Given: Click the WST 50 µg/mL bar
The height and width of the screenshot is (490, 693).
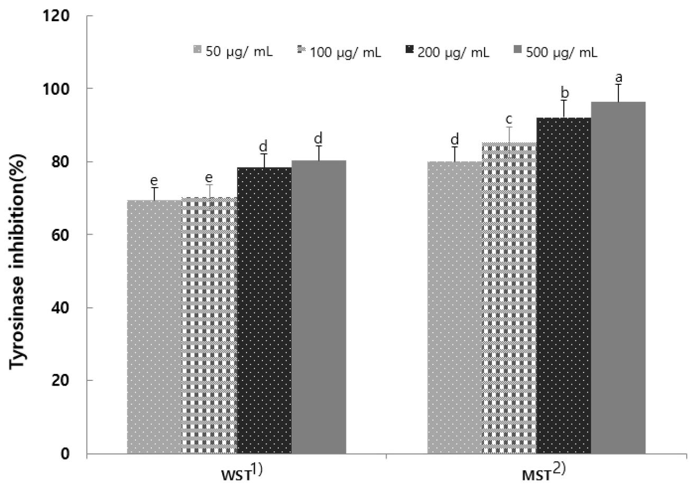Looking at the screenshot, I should coord(154,326).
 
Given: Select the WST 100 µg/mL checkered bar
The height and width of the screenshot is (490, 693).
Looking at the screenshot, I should coord(209,325).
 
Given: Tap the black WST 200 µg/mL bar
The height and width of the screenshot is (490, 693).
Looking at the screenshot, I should coord(264,310).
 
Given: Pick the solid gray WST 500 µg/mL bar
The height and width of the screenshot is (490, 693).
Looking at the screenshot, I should coord(318,307).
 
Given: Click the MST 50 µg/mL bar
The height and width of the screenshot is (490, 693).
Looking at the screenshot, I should coord(455,307).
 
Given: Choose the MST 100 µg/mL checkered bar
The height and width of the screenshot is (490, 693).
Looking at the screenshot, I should coord(509,298).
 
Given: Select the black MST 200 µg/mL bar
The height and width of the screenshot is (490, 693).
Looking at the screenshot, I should coord(564,286).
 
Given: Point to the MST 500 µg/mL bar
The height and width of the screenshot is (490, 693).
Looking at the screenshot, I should coord(618,278).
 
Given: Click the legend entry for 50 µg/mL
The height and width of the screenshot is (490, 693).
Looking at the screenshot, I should coord(233,52).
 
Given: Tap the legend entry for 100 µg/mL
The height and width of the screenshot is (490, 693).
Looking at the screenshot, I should coord(339,52).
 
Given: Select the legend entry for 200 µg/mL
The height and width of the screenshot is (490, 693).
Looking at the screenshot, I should coord(447,52).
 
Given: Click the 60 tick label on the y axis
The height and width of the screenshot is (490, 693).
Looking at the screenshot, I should coord(62,235).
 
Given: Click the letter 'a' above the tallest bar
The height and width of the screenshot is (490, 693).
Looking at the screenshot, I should coord(618,78).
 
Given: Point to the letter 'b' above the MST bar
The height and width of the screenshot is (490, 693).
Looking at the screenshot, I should coord(564,93).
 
